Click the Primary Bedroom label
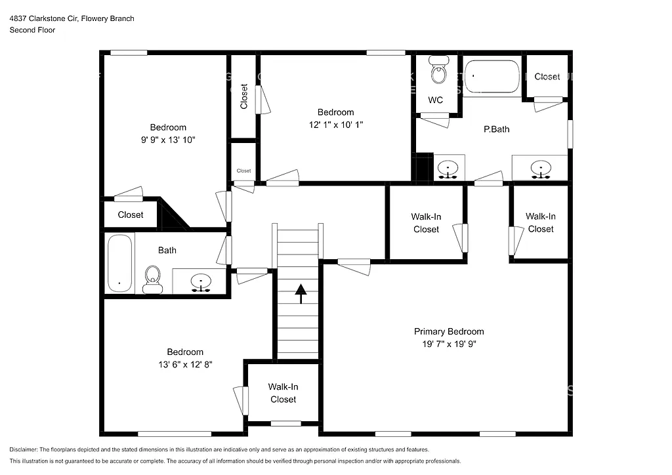pyautogui.click(x=448, y=331)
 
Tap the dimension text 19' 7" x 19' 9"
pyautogui.click(x=448, y=344)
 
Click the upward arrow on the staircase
pyautogui.click(x=300, y=294)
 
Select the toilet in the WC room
pyautogui.click(x=438, y=70)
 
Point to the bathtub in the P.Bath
pyautogui.click(x=492, y=77)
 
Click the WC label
pyautogui.click(x=435, y=100)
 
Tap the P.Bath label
pyautogui.click(x=496, y=129)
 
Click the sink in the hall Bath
pyautogui.click(x=201, y=282)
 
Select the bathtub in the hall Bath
pyautogui.click(x=119, y=263)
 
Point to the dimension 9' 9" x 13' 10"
pyautogui.click(x=168, y=140)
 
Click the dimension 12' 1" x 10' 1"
pyautogui.click(x=335, y=125)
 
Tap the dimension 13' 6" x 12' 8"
pyautogui.click(x=184, y=364)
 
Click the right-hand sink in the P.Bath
pyautogui.click(x=541, y=169)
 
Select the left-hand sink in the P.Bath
pyautogui.click(x=448, y=169)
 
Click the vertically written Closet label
pyautogui.click(x=244, y=96)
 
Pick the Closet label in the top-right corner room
pyautogui.click(x=547, y=77)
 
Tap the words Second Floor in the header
pyautogui.click(x=32, y=30)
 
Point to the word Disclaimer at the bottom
pyautogui.click(x=24, y=449)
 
